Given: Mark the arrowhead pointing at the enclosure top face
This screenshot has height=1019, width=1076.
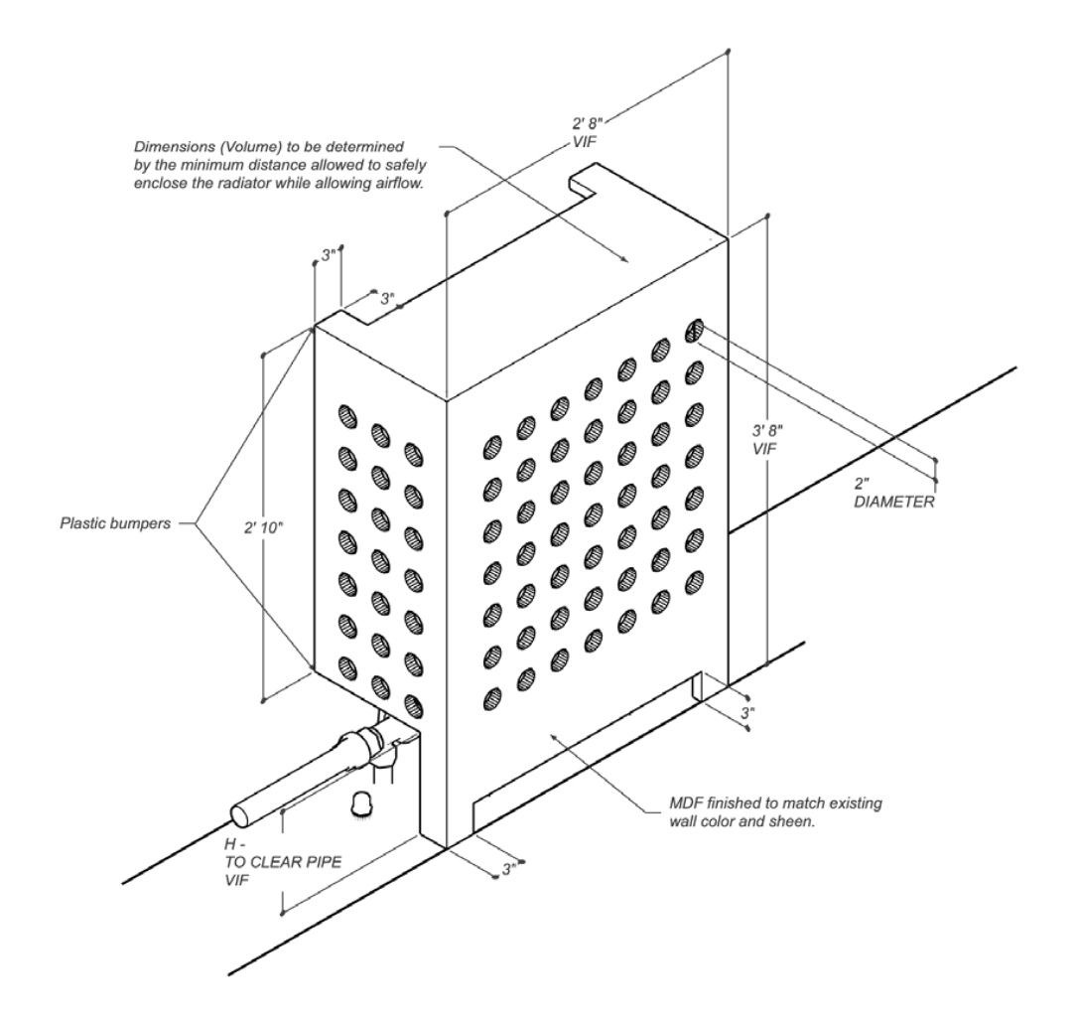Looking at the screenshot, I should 625,260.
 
